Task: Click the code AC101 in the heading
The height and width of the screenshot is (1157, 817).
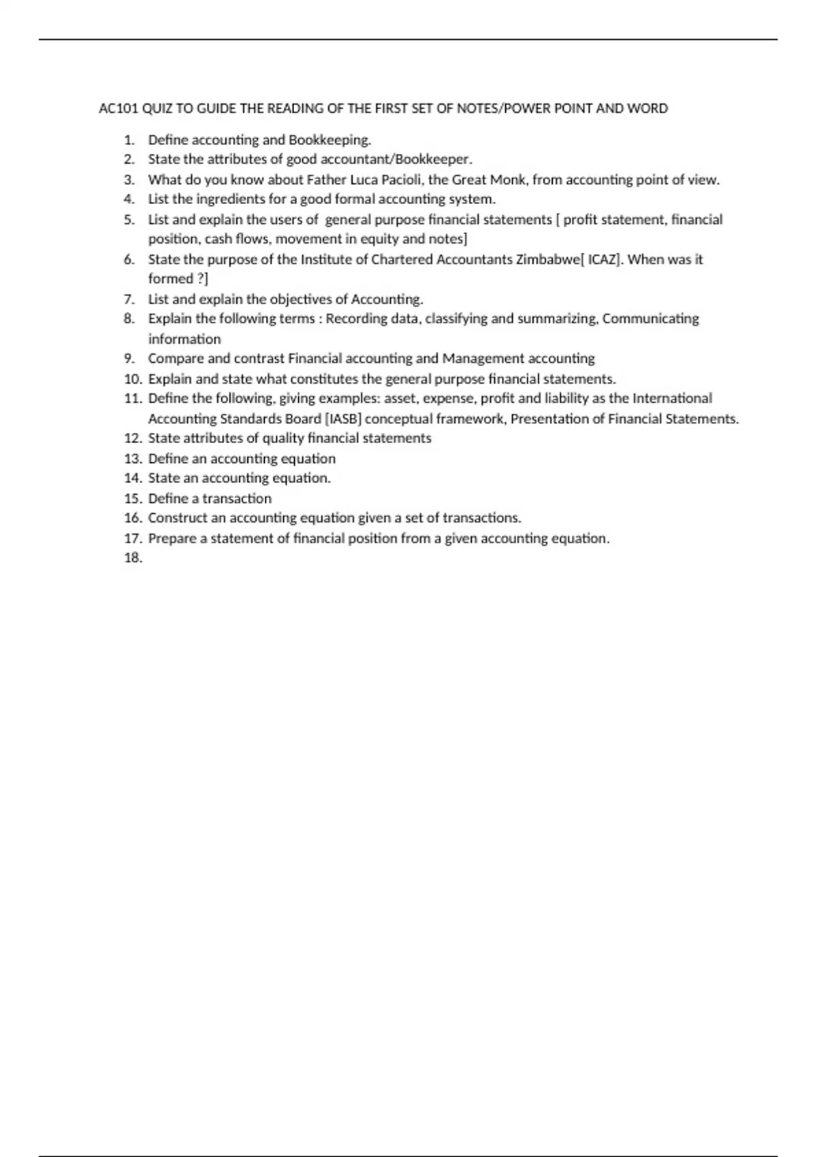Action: tap(118, 108)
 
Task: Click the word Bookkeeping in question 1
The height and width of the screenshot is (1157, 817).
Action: tap(330, 140)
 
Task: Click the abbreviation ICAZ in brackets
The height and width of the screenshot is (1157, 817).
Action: tap(603, 259)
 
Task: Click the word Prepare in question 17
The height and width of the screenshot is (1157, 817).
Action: tap(172, 538)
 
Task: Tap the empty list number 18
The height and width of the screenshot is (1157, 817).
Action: tap(133, 558)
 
